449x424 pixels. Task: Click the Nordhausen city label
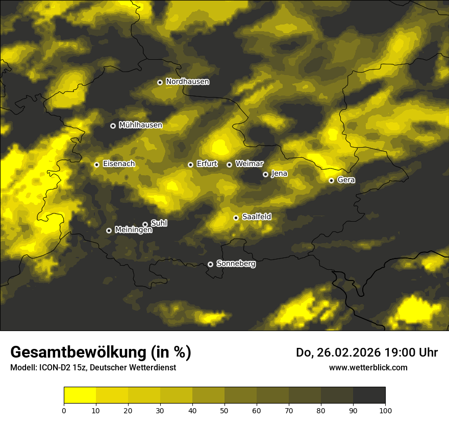(x=187, y=82)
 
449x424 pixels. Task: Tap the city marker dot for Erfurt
(x=190, y=164)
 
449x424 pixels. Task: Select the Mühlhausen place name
(x=140, y=125)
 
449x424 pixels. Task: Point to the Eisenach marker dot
(x=96, y=164)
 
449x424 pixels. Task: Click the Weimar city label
(x=249, y=164)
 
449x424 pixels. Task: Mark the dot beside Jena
(x=265, y=174)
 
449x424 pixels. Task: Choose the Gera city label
(x=346, y=180)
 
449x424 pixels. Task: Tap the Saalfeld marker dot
(x=236, y=218)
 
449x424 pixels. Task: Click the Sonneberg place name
(x=236, y=264)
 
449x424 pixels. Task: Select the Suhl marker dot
(x=145, y=224)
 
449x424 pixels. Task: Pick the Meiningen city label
(x=133, y=230)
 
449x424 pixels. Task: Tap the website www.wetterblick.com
(x=368, y=367)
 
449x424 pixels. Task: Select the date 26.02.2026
(x=345, y=352)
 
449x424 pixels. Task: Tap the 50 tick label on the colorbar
(x=224, y=410)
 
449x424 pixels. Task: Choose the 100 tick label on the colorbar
(x=385, y=410)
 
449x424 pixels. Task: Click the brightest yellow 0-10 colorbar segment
(x=80, y=395)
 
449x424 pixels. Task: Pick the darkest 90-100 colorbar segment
(x=369, y=395)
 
